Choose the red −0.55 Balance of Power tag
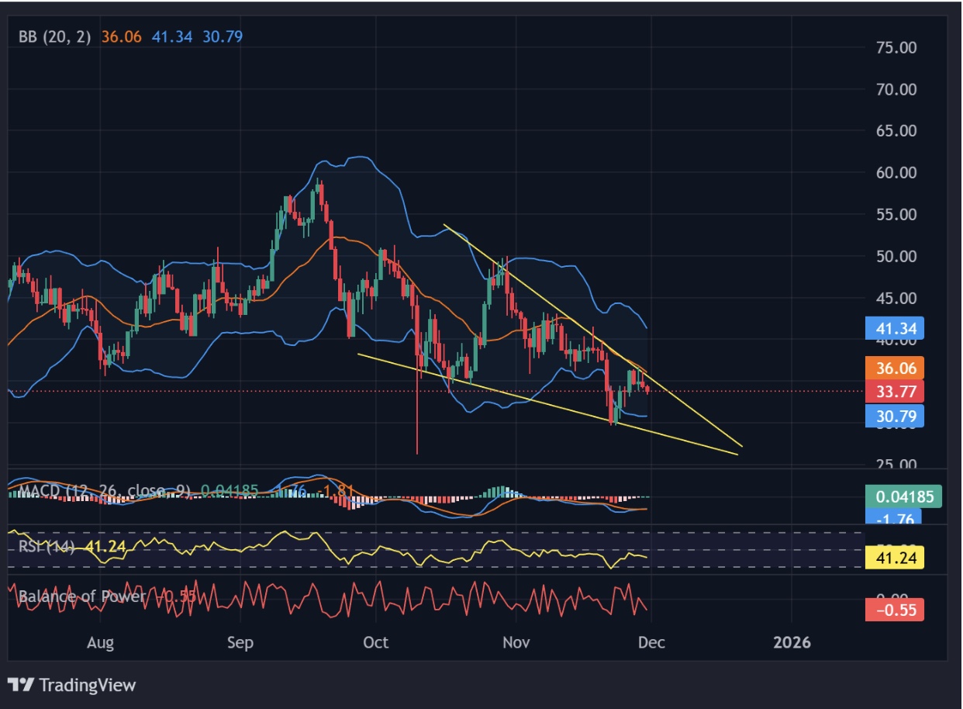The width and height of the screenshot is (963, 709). (896, 610)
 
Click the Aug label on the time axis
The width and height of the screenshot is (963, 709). (101, 642)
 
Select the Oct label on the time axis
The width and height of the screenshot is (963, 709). (375, 642)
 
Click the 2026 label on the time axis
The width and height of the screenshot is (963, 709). (791, 642)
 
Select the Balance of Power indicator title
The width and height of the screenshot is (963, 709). (81, 597)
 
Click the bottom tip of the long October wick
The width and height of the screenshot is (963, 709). (417, 454)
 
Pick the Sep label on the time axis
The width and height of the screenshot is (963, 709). (240, 642)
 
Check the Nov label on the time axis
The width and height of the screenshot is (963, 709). (516, 642)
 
